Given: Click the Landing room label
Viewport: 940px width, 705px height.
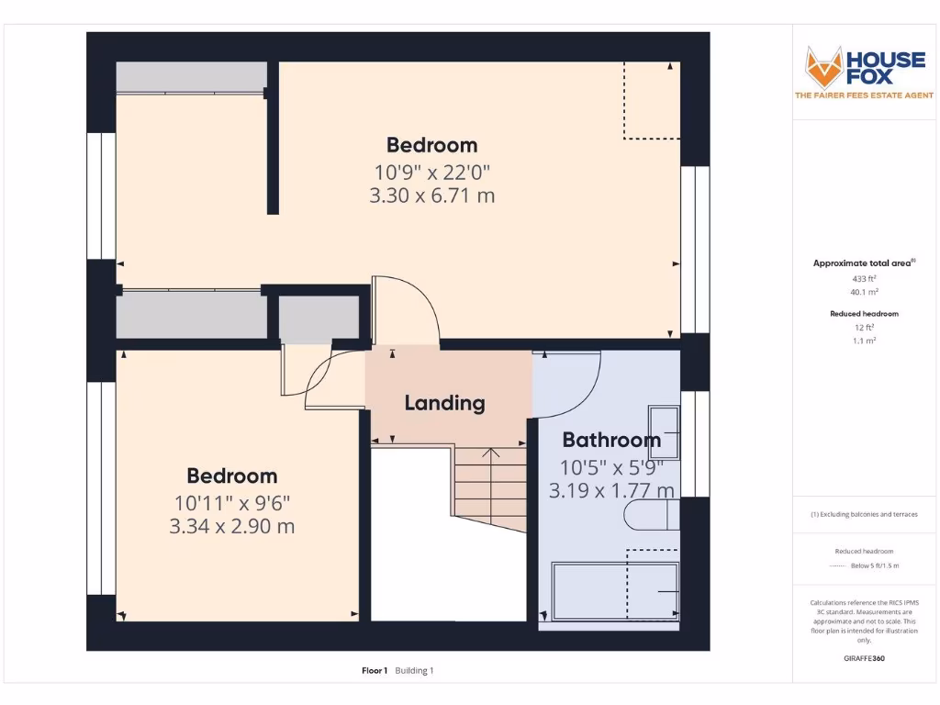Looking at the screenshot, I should coord(444,403).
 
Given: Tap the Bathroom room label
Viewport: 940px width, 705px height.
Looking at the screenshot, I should coord(611,440).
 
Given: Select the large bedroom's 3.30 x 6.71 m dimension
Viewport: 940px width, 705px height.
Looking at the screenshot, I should coord(431,196).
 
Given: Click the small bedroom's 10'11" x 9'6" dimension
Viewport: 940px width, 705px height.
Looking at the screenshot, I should coord(232,502).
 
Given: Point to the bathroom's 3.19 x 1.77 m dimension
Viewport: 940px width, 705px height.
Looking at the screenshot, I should coord(611,491).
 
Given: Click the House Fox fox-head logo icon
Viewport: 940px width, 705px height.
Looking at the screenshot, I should coord(823,66).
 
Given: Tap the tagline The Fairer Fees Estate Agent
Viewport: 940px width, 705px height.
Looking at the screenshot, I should coord(864,95).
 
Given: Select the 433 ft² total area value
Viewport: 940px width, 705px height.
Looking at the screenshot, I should coord(863,278).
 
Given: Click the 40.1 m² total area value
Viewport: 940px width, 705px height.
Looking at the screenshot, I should coord(863,292).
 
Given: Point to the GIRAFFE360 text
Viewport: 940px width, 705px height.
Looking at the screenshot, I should coord(864,658).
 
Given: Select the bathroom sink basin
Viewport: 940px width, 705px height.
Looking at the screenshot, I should coord(664,431).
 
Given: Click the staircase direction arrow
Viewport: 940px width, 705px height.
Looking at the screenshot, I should coord(491,453).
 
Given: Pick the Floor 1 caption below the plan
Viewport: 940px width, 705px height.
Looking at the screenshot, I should coord(375,671).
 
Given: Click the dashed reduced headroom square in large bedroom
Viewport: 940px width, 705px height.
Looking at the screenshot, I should coord(652,101).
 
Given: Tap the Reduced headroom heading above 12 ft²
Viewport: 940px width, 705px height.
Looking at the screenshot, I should coord(864,314).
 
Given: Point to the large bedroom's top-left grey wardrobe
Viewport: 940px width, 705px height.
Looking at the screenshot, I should coord(191,77).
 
